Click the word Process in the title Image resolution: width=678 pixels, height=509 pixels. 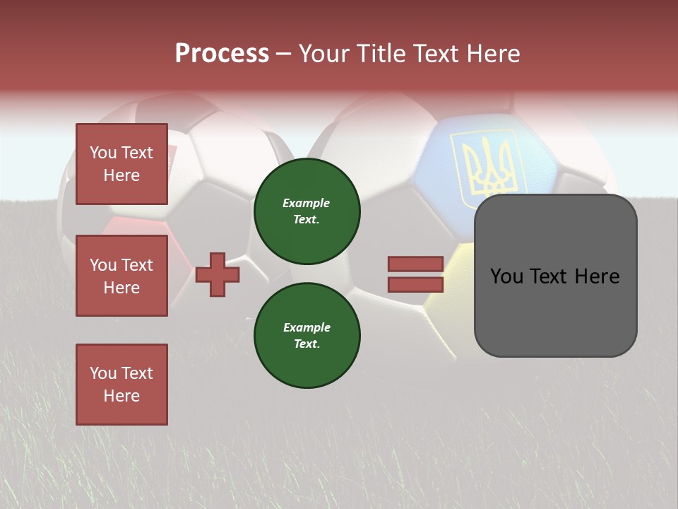[222, 54]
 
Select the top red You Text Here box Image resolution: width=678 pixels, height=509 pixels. [121, 164]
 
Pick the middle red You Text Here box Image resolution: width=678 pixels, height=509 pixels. [121, 276]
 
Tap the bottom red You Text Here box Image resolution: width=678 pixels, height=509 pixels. [121, 385]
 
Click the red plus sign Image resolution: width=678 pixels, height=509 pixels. [218, 274]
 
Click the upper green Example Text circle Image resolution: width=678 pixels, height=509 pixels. [307, 211]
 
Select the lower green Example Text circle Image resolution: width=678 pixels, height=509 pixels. [307, 336]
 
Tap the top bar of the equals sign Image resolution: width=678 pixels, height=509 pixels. [416, 264]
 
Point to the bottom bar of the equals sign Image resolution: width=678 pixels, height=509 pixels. [416, 285]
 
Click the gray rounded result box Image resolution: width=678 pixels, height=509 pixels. [555, 276]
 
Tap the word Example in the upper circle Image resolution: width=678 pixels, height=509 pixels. [306, 204]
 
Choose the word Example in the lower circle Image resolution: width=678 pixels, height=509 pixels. [307, 328]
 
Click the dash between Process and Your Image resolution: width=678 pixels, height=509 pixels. [283, 54]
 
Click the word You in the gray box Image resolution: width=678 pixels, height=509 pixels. [506, 276]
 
